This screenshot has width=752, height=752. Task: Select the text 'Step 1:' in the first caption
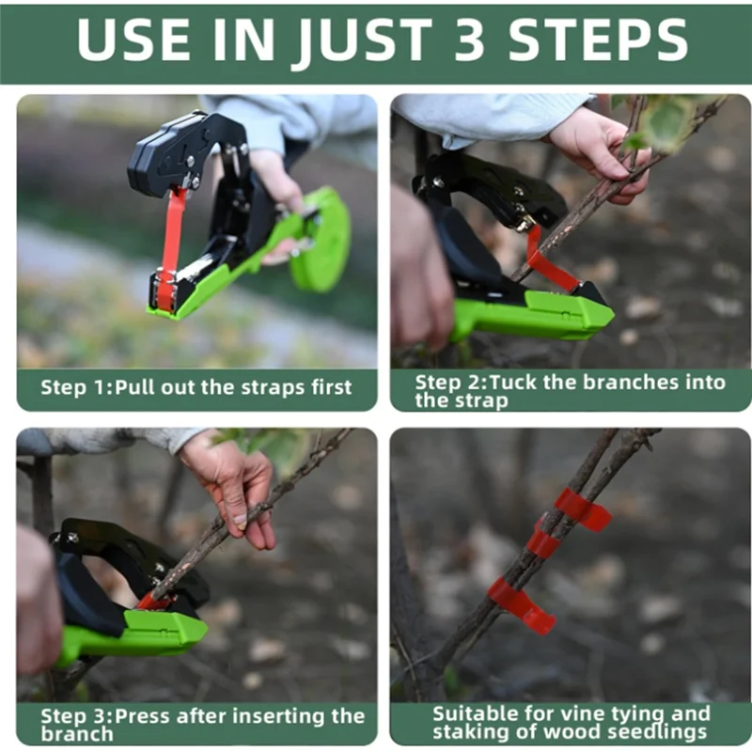(76, 387)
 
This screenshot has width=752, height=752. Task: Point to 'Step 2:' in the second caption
(451, 383)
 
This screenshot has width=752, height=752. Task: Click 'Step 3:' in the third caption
(77, 716)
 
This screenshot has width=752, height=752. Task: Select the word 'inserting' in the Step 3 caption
(278, 716)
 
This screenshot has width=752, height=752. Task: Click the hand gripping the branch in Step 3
(232, 488)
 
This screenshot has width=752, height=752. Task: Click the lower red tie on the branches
(521, 605)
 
